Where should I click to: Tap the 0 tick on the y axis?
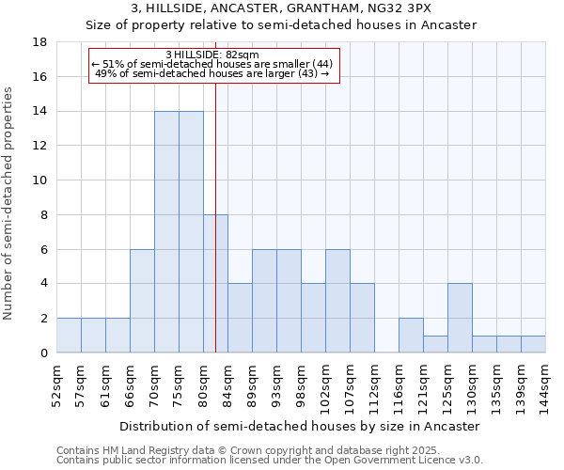pyautogui.click(x=43, y=352)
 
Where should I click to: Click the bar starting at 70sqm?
pyautogui.click(x=166, y=232)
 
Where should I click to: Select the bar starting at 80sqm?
pyautogui.click(x=215, y=284)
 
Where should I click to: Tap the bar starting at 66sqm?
pyautogui.click(x=142, y=301)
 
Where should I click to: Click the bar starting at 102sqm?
pyautogui.click(x=337, y=301)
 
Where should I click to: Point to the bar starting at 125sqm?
pyautogui.click(x=460, y=318)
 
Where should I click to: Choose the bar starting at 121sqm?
pyautogui.click(x=435, y=344)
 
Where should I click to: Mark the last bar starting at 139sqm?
pyautogui.click(x=533, y=344)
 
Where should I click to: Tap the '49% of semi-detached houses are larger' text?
pyautogui.click(x=212, y=73)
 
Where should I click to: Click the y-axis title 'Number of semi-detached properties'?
pyautogui.click(x=9, y=203)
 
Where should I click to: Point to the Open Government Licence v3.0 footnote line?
pyautogui.click(x=270, y=461)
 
